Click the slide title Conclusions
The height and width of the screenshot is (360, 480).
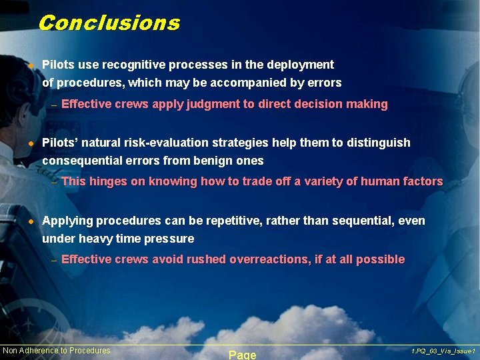(109, 23)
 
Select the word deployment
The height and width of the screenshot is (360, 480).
(300, 65)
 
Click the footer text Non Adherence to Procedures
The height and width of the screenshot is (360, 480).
(57, 351)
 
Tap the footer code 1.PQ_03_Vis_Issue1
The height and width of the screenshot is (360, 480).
(443, 351)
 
